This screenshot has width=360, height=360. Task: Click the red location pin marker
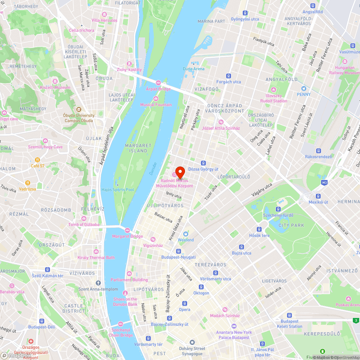coord(180,171)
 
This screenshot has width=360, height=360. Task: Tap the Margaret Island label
coord(136,148)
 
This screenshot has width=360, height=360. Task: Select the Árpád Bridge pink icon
coord(158,83)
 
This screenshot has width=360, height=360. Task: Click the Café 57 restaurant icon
coord(37,160)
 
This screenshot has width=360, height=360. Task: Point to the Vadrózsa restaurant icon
coord(27,183)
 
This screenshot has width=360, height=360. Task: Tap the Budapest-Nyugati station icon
coord(178,251)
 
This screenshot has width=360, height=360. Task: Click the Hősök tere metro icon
coord(259,229)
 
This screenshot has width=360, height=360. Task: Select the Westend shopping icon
coord(186,234)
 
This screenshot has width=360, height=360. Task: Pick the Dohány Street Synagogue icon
coord(192,342)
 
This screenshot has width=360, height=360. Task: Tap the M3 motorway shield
coord(324,183)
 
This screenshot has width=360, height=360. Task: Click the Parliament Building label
coord(129,280)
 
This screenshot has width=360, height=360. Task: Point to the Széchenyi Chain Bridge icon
coord(121,324)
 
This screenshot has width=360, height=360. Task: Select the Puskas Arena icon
coord(348,299)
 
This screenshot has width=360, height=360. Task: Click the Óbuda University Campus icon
coord(79,109)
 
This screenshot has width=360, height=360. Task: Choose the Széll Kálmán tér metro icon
coord(47,270)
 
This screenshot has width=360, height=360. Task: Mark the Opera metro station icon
coord(184,303)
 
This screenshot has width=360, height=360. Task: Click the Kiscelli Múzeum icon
coord(55,81)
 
